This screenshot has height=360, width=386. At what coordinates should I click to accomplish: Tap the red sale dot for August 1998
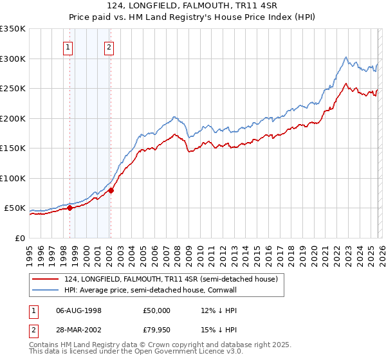(69, 208)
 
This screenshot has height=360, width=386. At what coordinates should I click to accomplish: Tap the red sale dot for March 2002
(111, 190)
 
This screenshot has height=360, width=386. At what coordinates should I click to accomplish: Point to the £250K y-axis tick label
(13, 89)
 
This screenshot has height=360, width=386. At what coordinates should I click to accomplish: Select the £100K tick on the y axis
(13, 178)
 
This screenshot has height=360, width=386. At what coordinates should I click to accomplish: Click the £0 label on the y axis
(19, 238)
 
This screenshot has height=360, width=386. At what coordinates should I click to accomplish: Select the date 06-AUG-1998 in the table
(78, 310)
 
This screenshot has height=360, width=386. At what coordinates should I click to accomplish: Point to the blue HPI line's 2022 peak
(345, 57)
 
